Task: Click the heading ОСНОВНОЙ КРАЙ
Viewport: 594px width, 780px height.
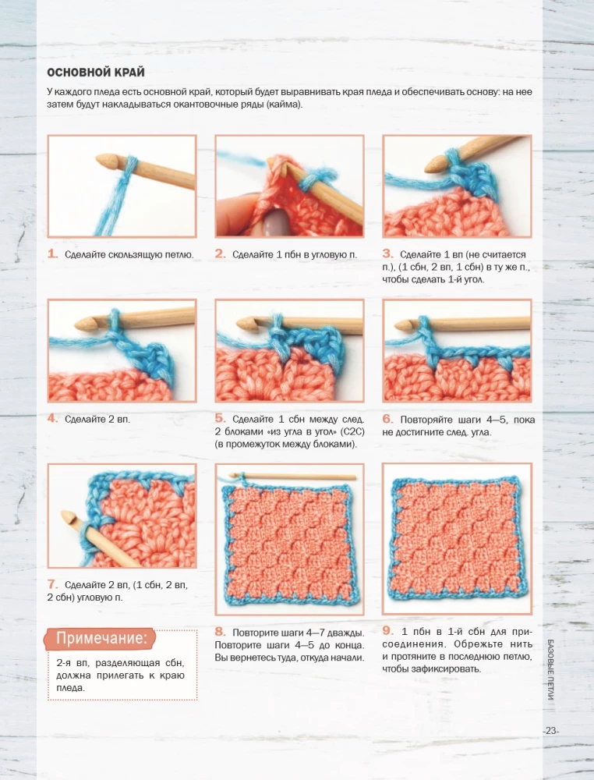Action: click(x=96, y=73)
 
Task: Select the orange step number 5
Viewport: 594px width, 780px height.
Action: click(x=220, y=418)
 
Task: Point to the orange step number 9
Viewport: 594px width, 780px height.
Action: click(x=387, y=631)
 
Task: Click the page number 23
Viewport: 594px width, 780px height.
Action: click(x=551, y=731)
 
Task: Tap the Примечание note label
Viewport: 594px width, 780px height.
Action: click(x=101, y=638)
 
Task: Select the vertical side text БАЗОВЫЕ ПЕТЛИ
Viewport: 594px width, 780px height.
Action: click(x=551, y=669)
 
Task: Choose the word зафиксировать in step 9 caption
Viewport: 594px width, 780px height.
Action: click(x=449, y=668)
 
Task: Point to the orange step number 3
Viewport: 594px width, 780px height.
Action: click(x=387, y=253)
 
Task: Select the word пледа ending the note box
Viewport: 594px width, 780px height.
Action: click(x=69, y=688)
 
